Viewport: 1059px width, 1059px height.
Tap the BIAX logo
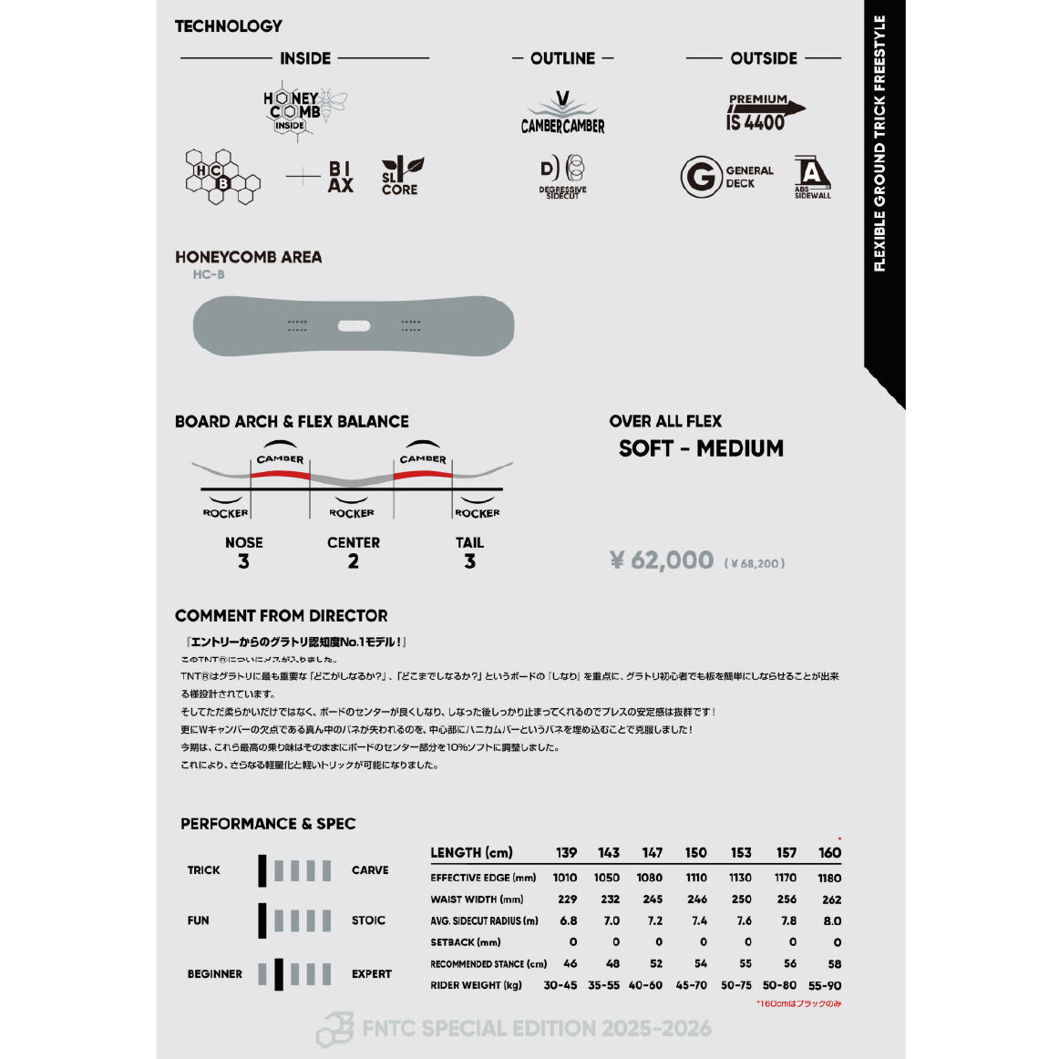tap(340, 177)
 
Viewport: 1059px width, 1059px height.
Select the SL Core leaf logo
tap(401, 176)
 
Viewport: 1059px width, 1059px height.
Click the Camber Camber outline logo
tap(562, 115)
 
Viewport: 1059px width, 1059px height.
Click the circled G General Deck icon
tap(700, 177)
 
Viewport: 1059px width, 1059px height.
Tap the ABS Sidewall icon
tap(812, 176)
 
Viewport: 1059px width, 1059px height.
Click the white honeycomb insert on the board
tap(354, 325)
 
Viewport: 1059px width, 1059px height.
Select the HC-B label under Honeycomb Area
tap(209, 274)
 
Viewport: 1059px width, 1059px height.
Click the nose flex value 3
tap(243, 561)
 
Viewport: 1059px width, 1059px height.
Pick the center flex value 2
tap(353, 561)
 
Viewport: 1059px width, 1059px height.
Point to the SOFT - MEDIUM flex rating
tap(701, 448)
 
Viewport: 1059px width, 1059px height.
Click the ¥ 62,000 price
tap(663, 560)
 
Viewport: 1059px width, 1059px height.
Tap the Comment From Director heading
tap(281, 616)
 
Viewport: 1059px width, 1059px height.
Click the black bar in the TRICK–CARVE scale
tap(262, 870)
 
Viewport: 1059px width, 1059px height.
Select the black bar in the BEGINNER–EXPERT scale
tap(279, 973)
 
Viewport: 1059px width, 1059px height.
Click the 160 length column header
tap(829, 853)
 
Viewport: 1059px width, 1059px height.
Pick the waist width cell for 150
tap(696, 900)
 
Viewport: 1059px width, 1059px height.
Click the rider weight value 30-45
tap(560, 985)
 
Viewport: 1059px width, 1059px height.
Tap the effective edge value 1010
tap(565, 878)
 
